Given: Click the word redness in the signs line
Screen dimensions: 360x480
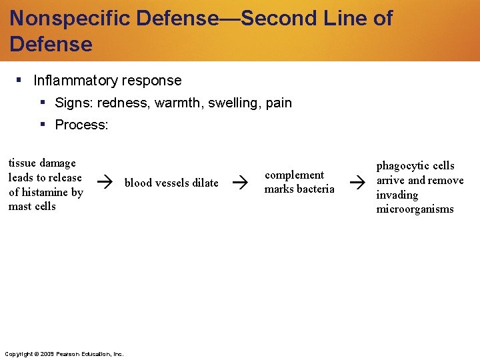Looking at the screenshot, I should [121, 103].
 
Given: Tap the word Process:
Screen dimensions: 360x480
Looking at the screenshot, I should [81, 125].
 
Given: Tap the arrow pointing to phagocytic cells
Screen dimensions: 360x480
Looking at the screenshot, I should [358, 181].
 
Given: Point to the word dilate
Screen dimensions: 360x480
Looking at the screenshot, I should [205, 183].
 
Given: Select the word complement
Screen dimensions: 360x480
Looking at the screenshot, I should [294, 175].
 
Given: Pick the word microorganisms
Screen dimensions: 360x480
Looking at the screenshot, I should [415, 209].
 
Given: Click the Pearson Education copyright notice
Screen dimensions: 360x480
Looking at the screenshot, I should [63, 354].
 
